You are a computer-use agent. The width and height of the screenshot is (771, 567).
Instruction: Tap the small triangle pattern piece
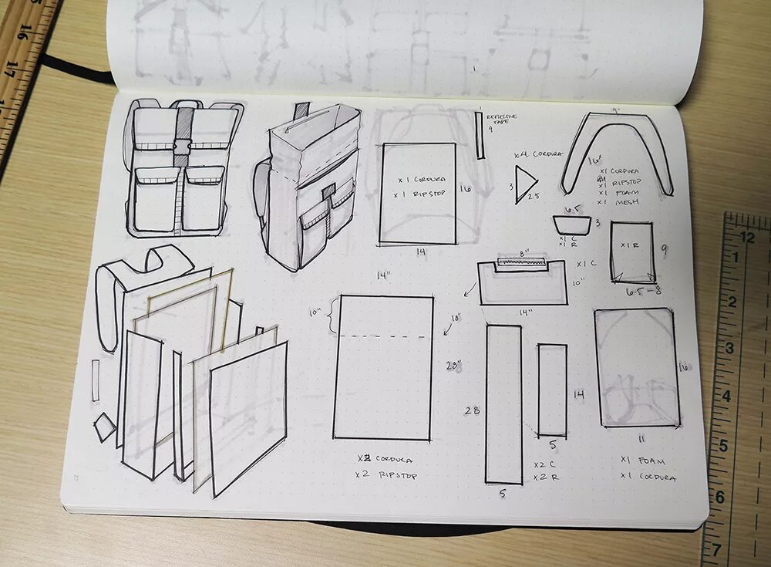tap(525, 185)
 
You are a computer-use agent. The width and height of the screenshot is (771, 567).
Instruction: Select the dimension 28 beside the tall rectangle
tap(472, 410)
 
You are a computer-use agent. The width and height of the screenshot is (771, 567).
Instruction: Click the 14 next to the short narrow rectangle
tap(578, 394)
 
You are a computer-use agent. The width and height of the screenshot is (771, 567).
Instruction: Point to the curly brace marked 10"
tap(330, 318)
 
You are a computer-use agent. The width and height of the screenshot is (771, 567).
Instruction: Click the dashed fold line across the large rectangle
tap(382, 337)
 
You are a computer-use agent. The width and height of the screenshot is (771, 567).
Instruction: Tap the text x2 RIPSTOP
tap(386, 475)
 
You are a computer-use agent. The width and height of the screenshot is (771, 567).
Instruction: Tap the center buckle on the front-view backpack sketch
tap(183, 147)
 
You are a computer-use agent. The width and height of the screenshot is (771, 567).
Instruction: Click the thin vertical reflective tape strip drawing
tap(479, 136)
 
